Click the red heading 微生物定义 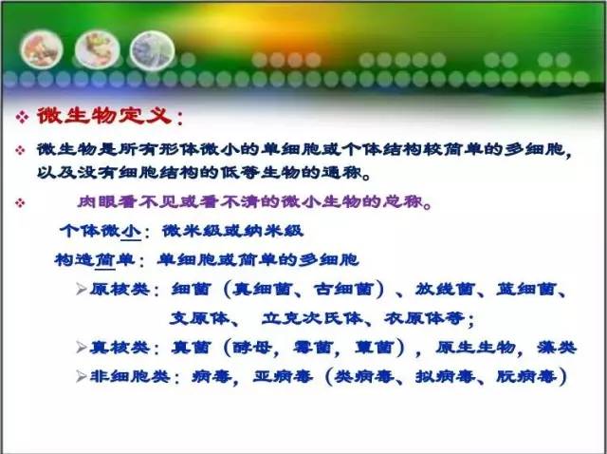(x=105, y=116)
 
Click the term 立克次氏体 (x=313, y=318)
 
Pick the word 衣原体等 (x=425, y=318)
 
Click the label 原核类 (x=120, y=290)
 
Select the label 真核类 (x=120, y=348)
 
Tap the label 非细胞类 (x=130, y=376)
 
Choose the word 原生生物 (x=476, y=348)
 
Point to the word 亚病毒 (x=283, y=376)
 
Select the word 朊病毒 (x=527, y=376)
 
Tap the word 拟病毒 (x=446, y=376)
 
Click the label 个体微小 (x=101, y=231)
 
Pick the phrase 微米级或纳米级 (x=232, y=231)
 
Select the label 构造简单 (x=95, y=260)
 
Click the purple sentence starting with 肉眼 (x=255, y=202)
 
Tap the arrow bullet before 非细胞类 (x=82, y=376)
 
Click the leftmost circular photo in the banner (x=42, y=49)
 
